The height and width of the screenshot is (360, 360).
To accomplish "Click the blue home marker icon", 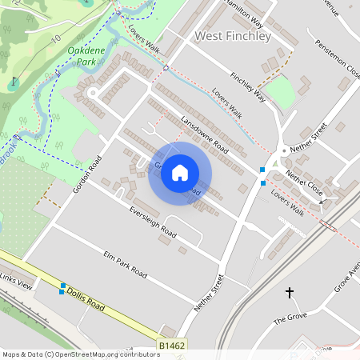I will coord(180,173).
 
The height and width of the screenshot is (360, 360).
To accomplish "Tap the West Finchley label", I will coord(233,36).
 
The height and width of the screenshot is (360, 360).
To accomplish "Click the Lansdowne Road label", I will coord(205,134).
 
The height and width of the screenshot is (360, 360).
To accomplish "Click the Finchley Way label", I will coord(247,87).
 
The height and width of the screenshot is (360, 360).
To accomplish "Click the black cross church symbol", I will coord(290,293).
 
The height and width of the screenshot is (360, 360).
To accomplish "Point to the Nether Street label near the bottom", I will coord(207,294).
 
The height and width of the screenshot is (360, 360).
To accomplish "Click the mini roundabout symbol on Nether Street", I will coord(283,150).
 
